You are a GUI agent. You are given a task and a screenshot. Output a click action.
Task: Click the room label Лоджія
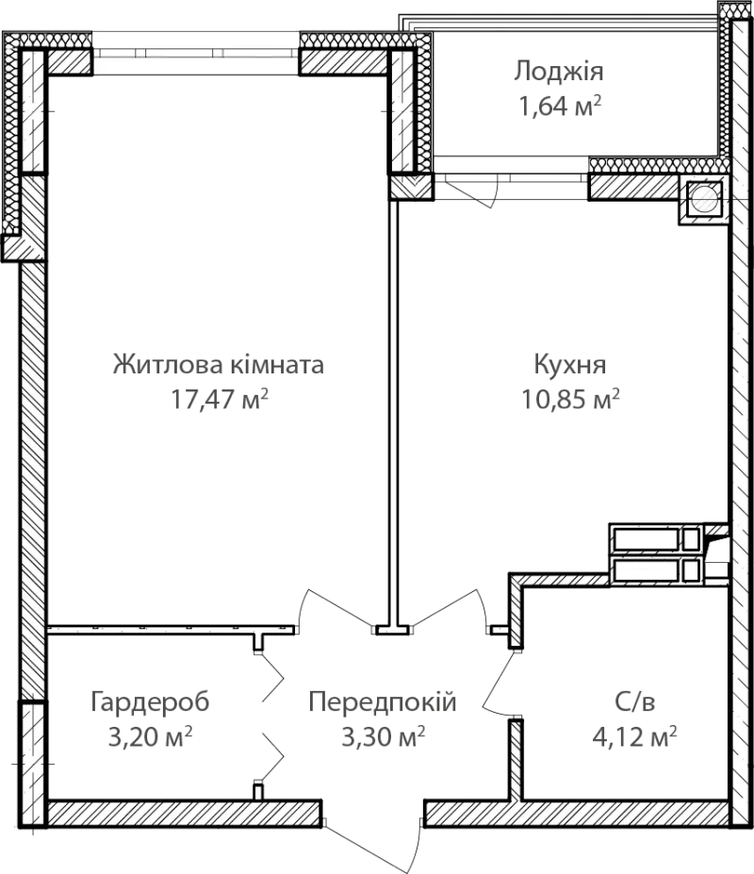pyautogui.click(x=558, y=72)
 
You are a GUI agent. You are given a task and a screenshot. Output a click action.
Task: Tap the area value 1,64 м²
pyautogui.click(x=560, y=106)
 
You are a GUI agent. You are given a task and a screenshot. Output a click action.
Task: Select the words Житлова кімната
pyautogui.click(x=219, y=365)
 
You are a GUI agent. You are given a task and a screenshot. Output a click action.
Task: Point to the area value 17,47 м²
pyautogui.click(x=220, y=399)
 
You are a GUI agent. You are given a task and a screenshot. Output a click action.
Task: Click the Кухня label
pyautogui.click(x=570, y=365)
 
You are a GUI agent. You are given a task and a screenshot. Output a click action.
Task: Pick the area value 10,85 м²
pyautogui.click(x=570, y=399)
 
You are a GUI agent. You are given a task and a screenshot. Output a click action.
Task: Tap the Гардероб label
pyautogui.click(x=150, y=702)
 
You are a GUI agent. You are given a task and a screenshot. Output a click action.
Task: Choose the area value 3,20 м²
pyautogui.click(x=150, y=737)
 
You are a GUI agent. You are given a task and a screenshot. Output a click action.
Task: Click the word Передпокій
pyautogui.click(x=383, y=702)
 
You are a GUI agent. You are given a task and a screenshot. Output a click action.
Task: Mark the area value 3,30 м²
pyautogui.click(x=384, y=737)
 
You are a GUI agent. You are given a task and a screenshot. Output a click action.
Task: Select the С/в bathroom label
pyautogui.click(x=634, y=702)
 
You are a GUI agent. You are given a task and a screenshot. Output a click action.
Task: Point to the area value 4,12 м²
pyautogui.click(x=634, y=737)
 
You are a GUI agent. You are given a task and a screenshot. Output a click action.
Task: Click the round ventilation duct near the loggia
pyautogui.click(x=704, y=198)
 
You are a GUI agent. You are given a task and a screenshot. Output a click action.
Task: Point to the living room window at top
pyautogui.click(x=196, y=54)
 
